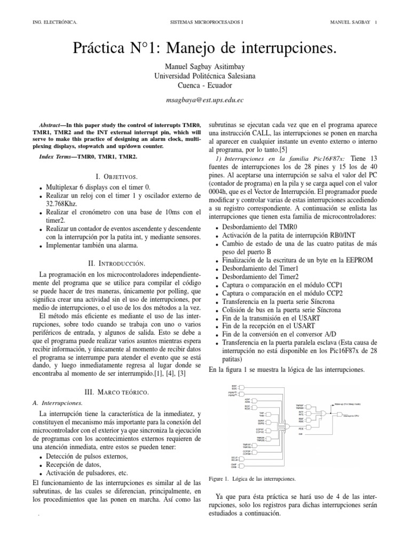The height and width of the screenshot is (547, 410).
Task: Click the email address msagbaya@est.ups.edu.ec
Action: click(x=205, y=100)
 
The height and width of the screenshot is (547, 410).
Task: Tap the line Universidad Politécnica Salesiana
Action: click(x=205, y=75)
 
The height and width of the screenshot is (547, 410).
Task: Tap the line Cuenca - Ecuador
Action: click(x=205, y=85)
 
